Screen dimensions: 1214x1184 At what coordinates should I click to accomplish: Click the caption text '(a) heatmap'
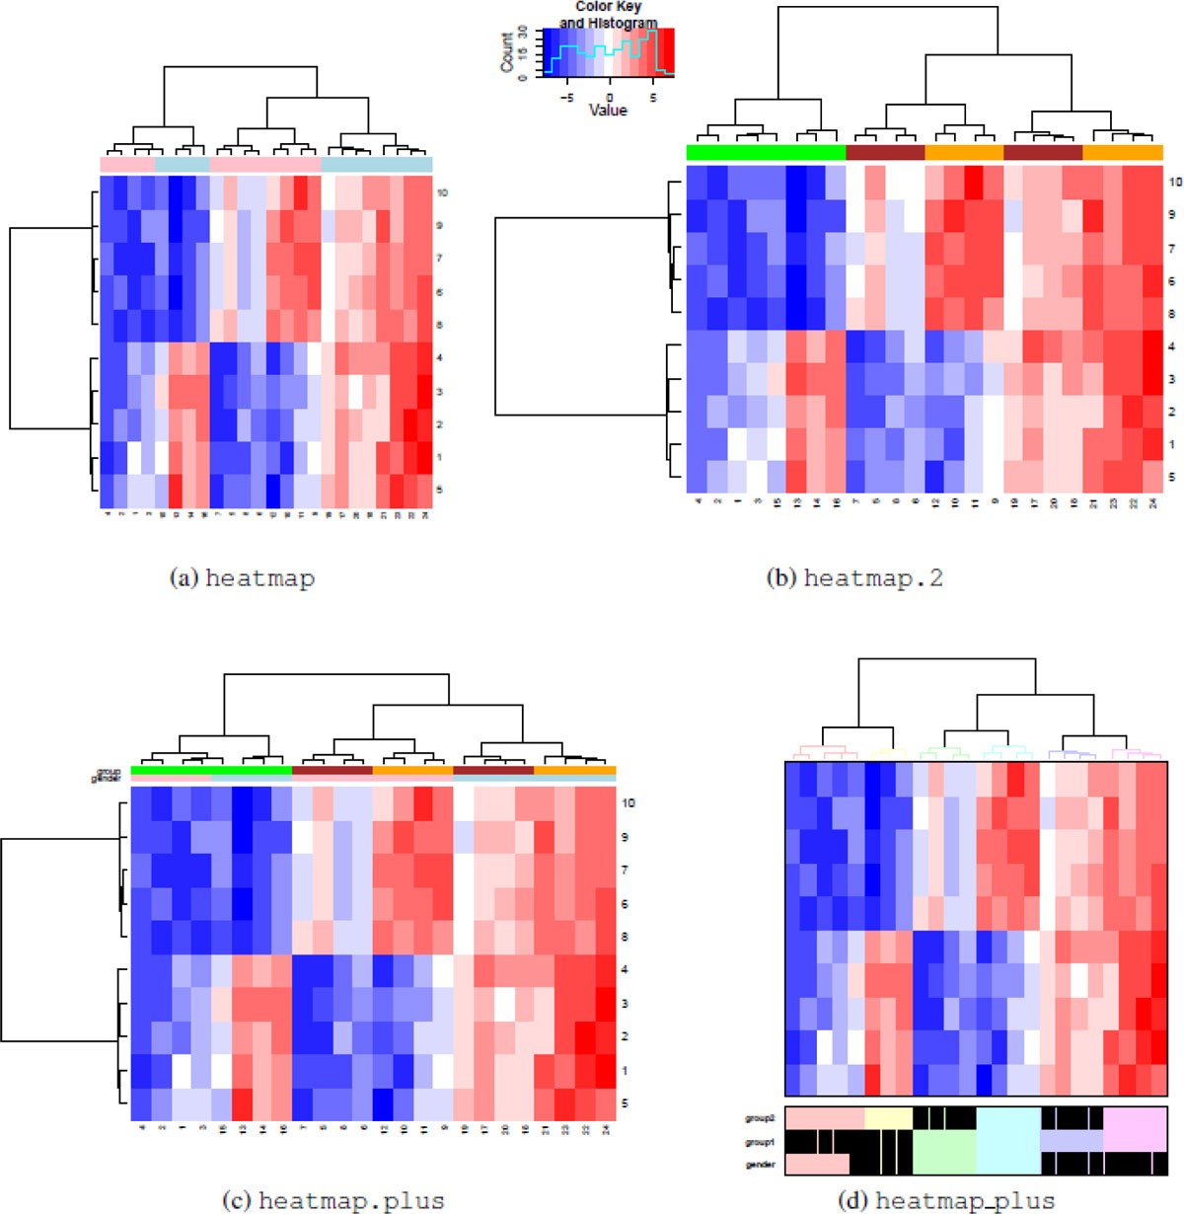coord(243,577)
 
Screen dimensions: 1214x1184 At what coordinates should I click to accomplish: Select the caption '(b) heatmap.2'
coord(854,577)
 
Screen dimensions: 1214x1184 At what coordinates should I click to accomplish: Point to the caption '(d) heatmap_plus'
coord(945,1200)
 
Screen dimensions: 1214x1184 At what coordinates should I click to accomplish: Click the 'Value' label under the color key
coord(608,111)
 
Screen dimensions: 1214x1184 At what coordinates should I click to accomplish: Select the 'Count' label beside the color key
coord(507,52)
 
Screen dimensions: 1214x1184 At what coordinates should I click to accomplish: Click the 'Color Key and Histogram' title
coord(609,15)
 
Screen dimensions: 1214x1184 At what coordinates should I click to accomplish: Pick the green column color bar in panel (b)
coord(766,153)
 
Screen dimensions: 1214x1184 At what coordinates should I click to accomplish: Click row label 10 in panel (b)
coord(1175,182)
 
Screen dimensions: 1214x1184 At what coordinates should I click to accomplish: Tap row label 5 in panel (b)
coord(1172,477)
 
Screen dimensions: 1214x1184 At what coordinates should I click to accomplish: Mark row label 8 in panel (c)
coord(627,937)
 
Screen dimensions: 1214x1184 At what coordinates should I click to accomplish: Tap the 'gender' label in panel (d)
coord(760,1165)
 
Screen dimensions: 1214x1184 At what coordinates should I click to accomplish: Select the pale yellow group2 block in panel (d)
coord(887,1117)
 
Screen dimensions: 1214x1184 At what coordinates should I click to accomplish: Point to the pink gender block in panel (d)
coord(817,1164)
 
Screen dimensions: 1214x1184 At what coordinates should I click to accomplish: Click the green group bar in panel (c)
coord(210,770)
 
